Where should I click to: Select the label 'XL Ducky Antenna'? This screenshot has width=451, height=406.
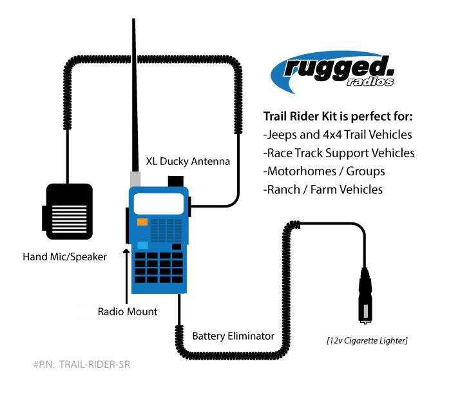(x=188, y=160)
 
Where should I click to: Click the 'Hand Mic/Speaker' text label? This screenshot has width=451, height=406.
(x=64, y=256)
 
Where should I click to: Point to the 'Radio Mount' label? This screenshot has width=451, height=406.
(x=128, y=311)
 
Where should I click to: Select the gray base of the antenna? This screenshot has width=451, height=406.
(x=136, y=179)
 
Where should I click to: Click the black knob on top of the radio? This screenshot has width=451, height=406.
(x=174, y=180)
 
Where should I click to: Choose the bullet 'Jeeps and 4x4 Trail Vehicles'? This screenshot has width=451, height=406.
(x=338, y=135)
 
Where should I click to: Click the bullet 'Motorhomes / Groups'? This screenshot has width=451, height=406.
(x=324, y=171)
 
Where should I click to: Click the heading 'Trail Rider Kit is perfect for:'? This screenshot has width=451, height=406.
(x=338, y=117)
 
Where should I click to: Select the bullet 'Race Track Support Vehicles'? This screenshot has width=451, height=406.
(x=339, y=153)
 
